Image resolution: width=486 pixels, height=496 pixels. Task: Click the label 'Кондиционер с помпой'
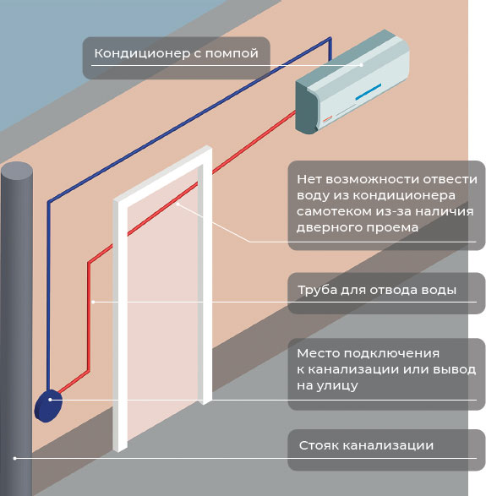click(x=177, y=53)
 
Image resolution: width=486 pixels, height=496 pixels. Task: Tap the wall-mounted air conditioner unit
click(x=352, y=82)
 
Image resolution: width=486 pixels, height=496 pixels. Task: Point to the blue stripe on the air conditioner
click(x=369, y=92)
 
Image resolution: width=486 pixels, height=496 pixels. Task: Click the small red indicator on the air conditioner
click(x=327, y=119)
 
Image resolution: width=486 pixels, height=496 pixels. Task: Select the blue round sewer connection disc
click(x=48, y=406)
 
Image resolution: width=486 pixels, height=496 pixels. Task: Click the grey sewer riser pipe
click(x=16, y=329)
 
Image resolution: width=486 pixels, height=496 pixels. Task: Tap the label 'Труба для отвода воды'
click(x=377, y=290)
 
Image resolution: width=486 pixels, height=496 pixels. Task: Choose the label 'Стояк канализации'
click(x=366, y=445)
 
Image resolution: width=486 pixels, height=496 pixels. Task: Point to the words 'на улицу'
click(x=327, y=385)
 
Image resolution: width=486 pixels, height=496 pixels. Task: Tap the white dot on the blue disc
click(x=51, y=400)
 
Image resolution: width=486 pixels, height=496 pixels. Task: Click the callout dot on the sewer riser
click(x=14, y=458)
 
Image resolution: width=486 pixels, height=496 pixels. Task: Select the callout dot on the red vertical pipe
click(x=93, y=303)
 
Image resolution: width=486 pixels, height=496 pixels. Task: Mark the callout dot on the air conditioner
click(x=362, y=65)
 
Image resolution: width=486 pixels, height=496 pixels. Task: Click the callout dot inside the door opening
click(x=177, y=204)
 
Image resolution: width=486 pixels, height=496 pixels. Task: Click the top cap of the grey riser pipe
click(x=17, y=172)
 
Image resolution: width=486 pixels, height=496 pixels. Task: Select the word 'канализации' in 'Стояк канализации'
click(x=388, y=446)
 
